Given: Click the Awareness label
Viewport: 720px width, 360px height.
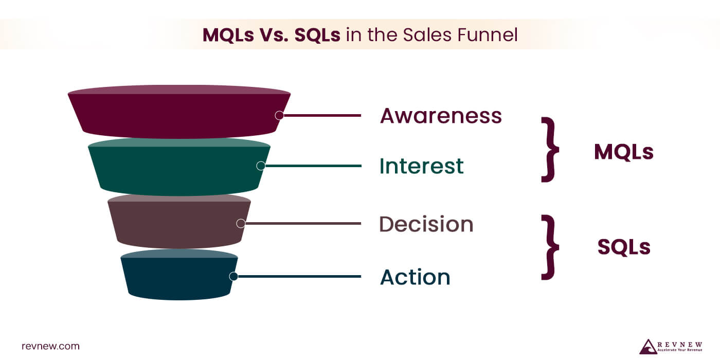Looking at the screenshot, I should pos(441,116).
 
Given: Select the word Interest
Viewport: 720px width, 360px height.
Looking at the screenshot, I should pos(421,166).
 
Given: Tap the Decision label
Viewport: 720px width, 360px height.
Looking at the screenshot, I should pos(426,224).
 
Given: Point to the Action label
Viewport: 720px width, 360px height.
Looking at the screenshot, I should pos(415,277).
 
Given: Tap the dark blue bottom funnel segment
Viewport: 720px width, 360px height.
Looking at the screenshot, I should pos(175,278).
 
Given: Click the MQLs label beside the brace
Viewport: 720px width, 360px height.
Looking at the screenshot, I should pos(623,152).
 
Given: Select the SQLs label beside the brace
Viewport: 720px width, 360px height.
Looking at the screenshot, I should pos(624,247).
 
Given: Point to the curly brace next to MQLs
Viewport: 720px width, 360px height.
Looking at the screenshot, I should pos(549,149).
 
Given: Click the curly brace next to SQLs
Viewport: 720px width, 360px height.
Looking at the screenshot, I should pos(549,247).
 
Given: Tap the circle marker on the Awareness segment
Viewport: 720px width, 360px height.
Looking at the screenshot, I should pos(279,115).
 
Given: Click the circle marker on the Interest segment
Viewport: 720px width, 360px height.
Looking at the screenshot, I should pos(261,166).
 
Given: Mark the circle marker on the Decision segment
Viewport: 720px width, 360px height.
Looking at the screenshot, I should pos(240,223).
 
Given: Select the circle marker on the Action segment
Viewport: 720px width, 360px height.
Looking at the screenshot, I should pos(233,276).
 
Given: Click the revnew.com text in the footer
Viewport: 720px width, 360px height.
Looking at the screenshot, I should pos(50,346).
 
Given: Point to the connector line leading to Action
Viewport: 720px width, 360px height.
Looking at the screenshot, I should pos(298,276).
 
